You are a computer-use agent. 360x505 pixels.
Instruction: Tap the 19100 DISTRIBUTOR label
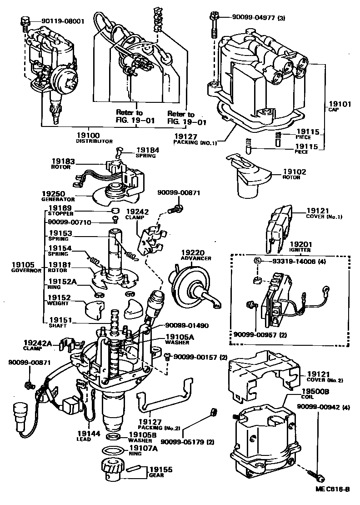[x=94, y=138]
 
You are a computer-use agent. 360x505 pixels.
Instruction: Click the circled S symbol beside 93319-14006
[x=256, y=261]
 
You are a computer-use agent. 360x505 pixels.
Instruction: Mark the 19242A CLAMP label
[x=35, y=344]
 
